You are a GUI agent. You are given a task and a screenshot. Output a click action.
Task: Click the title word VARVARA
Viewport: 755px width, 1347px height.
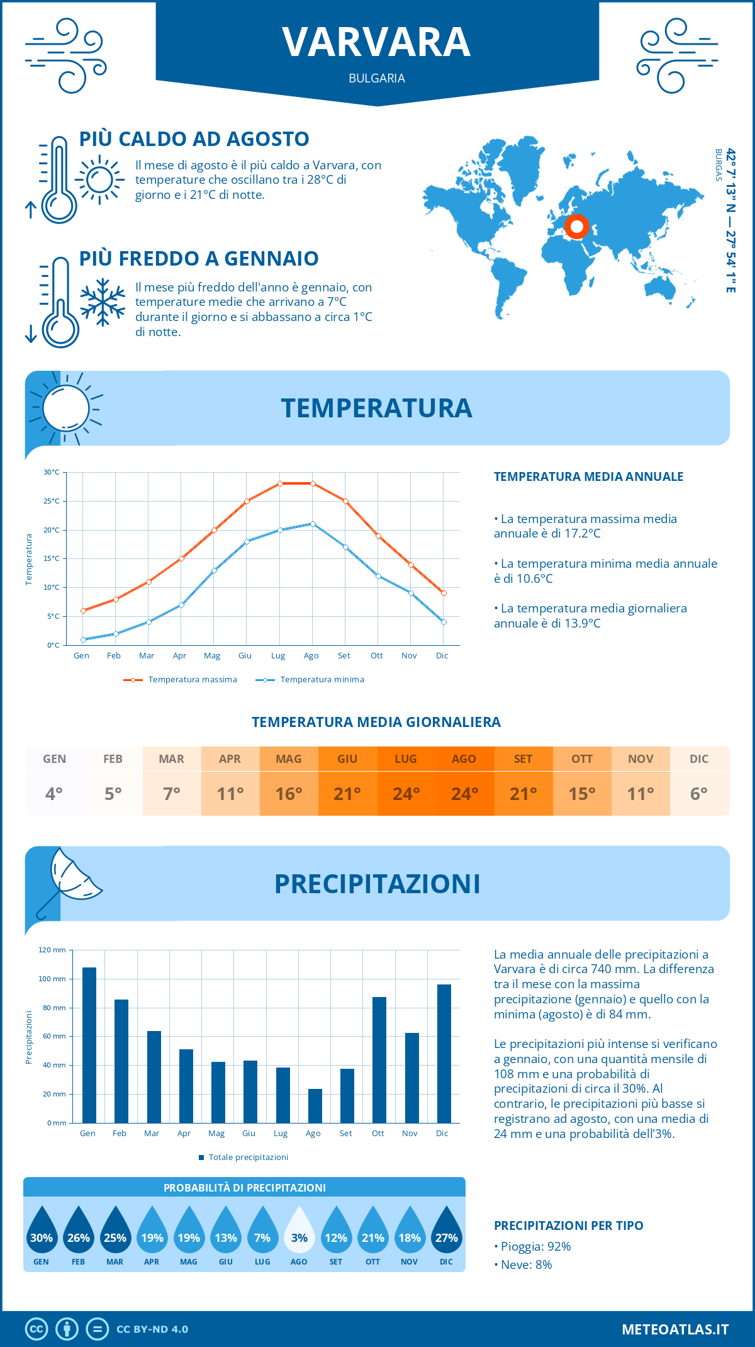tap(376, 43)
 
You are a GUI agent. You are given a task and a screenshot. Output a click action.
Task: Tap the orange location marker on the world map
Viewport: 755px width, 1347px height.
tap(576, 227)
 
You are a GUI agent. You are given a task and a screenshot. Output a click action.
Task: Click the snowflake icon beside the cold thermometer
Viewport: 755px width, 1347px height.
tap(103, 302)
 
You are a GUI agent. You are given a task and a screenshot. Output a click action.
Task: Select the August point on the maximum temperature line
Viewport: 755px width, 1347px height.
tap(313, 483)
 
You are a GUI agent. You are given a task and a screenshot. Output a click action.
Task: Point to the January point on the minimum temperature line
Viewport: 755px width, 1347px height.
tap(83, 640)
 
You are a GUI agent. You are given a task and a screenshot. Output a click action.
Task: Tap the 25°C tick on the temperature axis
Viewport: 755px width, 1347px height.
tap(52, 501)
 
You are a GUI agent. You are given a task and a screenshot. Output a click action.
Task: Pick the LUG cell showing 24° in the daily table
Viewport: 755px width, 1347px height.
tap(406, 781)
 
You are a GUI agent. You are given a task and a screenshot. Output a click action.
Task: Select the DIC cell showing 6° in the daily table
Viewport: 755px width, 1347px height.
tap(699, 781)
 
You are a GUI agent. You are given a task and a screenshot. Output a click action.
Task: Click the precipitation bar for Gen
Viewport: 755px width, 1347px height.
tap(89, 1045)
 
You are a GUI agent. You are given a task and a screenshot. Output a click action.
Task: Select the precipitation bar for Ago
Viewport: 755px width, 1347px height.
tap(315, 1106)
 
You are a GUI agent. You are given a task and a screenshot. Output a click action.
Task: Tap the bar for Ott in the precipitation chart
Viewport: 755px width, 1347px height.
tap(379, 1060)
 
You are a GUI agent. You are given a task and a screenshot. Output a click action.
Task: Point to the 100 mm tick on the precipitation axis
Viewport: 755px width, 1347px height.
tap(52, 979)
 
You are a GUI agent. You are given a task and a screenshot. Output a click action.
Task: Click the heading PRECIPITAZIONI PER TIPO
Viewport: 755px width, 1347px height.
tap(568, 1226)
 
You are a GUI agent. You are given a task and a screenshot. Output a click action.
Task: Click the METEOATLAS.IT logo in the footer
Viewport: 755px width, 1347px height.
tap(674, 1329)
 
